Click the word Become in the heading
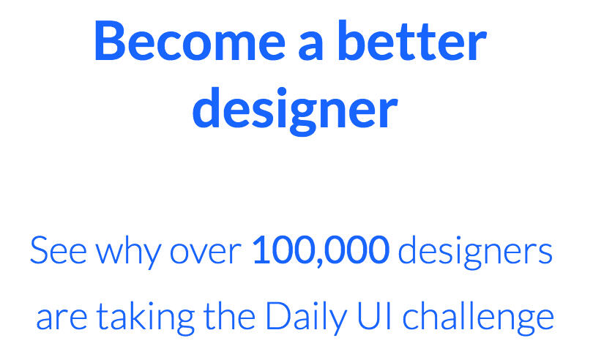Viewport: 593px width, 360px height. click(x=190, y=41)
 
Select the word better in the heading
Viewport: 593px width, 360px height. click(x=411, y=40)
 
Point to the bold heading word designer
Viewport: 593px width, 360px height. click(x=295, y=110)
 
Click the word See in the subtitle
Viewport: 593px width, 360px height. click(x=59, y=250)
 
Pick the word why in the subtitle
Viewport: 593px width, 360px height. click(x=129, y=252)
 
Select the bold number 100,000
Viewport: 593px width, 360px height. click(x=321, y=250)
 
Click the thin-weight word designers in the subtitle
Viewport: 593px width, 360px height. click(x=475, y=252)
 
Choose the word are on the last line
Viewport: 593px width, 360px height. click(x=61, y=318)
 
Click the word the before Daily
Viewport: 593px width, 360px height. click(x=229, y=315)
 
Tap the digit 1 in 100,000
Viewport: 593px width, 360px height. click(x=261, y=250)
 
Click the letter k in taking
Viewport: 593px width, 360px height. click(x=138, y=315)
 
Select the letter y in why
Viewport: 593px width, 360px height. click(x=153, y=256)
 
